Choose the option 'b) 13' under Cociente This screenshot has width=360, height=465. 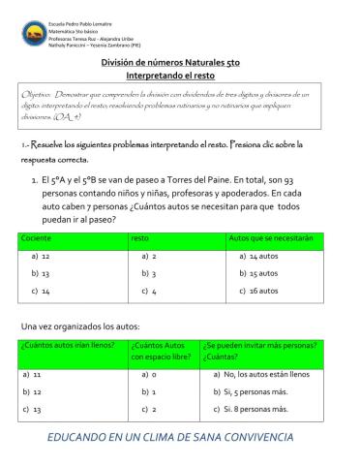[41, 273]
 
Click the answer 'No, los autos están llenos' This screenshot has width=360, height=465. [264, 373]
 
